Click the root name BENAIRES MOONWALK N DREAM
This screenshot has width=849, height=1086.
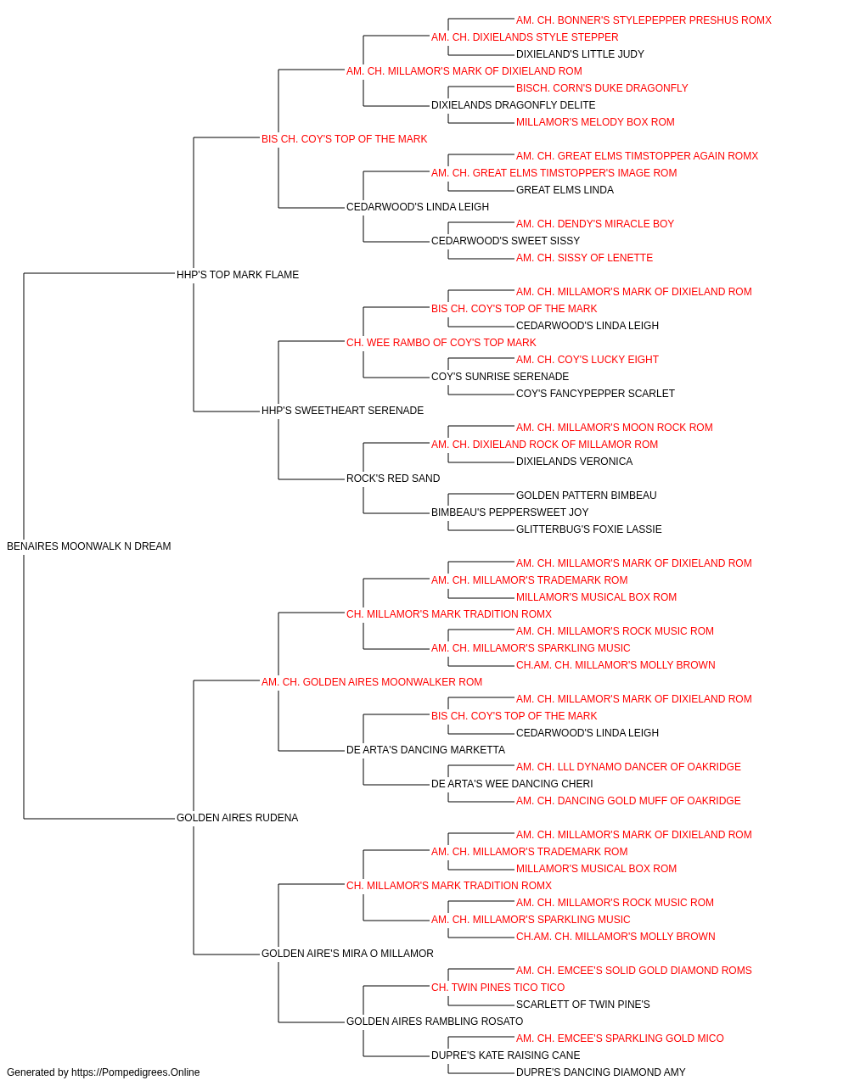[x=88, y=546]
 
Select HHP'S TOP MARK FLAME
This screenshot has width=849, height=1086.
[x=238, y=274]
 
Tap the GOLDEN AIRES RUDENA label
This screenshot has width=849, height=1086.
[x=237, y=818]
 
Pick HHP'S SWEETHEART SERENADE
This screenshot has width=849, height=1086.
[x=342, y=411]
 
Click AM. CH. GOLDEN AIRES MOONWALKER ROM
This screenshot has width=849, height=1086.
[x=372, y=681]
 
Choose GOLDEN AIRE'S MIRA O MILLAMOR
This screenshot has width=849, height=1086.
[x=347, y=953]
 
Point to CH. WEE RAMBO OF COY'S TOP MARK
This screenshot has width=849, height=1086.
[x=441, y=342]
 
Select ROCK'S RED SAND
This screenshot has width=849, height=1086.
[x=393, y=479]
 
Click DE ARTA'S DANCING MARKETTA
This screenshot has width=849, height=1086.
[x=425, y=750]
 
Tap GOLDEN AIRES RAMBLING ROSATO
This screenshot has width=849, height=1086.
[x=435, y=1021]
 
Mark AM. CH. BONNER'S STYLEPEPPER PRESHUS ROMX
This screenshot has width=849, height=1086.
[x=644, y=20]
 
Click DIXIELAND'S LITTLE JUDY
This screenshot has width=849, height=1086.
[x=580, y=54]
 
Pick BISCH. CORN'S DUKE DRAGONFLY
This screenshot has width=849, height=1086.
[x=602, y=88]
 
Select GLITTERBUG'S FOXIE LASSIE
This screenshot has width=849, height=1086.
[x=588, y=529]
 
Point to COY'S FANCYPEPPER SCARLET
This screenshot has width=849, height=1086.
[x=595, y=394]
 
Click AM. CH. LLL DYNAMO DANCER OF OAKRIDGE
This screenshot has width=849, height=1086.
[x=628, y=767]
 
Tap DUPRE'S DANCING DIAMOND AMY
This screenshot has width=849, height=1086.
[x=600, y=1072]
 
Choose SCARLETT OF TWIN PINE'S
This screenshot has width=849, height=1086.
[x=583, y=1004]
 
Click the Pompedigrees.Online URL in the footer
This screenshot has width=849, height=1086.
[x=135, y=1072]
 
